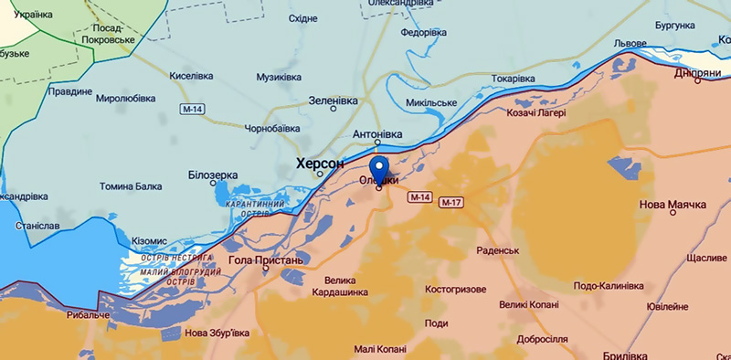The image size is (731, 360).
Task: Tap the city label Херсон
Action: [319, 164]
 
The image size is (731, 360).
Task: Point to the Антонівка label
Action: [377, 134]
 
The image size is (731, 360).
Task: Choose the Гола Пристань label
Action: [264, 260]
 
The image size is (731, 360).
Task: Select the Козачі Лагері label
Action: [536, 113]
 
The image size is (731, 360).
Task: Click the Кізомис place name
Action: [149, 239]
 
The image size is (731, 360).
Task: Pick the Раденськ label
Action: [498, 250]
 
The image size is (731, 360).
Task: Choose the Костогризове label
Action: [455, 289]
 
